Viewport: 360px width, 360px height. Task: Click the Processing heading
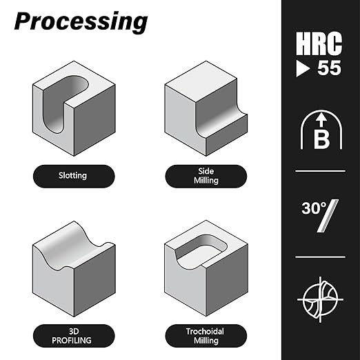click(81, 21)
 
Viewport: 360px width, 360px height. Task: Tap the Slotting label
click(72, 176)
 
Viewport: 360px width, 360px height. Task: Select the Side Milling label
click(206, 176)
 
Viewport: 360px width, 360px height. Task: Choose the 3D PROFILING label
click(72, 336)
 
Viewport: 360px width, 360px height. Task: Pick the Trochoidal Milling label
click(205, 336)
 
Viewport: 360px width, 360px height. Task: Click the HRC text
click(319, 43)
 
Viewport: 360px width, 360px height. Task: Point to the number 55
click(329, 68)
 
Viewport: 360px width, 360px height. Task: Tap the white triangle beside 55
click(303, 68)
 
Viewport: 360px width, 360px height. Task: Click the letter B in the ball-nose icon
click(321, 139)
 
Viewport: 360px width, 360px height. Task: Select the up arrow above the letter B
click(321, 120)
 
